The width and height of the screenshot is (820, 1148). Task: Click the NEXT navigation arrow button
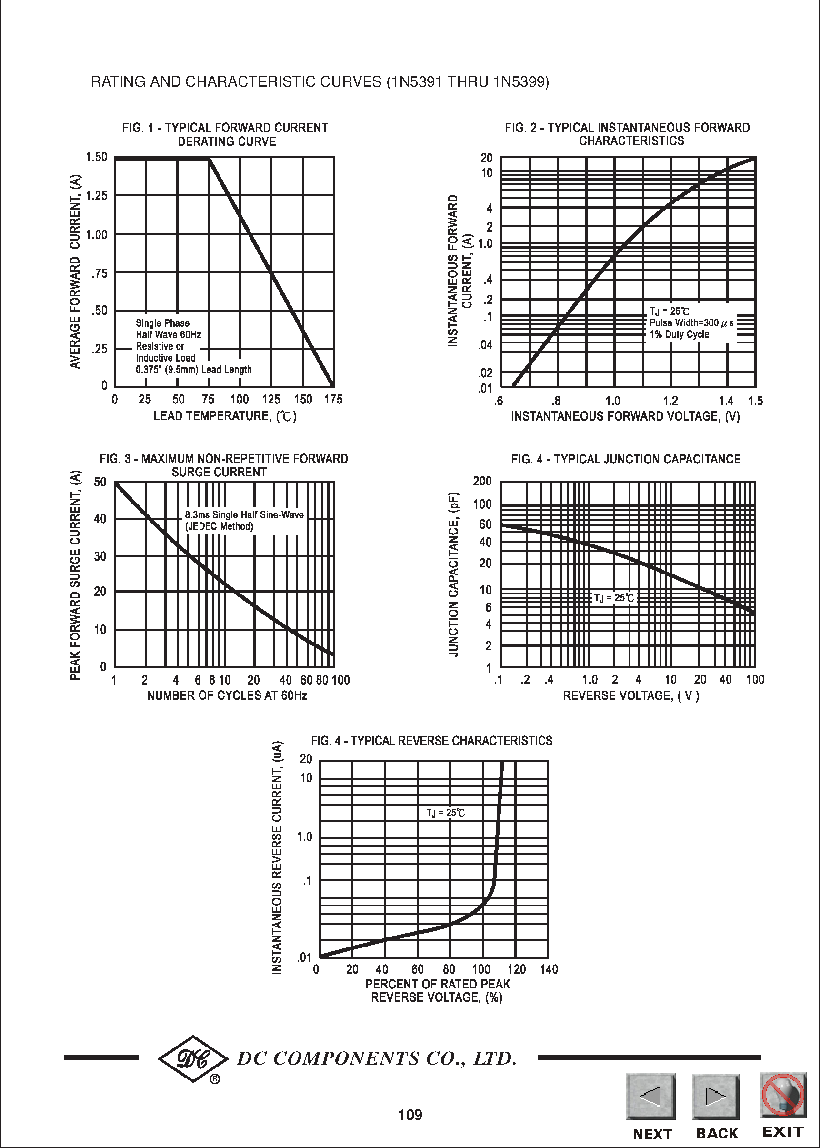pos(651,1097)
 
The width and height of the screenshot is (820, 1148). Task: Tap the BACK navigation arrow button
pos(716,1097)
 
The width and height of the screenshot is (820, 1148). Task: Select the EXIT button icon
pos(782,1095)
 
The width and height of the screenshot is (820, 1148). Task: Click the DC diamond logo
pos(193,1058)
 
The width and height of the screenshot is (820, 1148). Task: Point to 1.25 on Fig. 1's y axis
pos(97,196)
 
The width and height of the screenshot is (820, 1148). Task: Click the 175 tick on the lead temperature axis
pos(333,400)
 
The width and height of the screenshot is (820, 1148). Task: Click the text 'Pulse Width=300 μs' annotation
pos(691,323)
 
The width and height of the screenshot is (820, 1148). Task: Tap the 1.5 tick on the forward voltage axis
pos(755,401)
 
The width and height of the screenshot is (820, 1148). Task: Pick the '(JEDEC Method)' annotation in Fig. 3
pos(219,526)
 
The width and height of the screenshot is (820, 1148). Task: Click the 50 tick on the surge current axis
pos(100,482)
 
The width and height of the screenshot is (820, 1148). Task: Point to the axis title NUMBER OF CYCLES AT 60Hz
pos(227,695)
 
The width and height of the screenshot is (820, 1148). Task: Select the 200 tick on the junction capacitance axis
pos(482,481)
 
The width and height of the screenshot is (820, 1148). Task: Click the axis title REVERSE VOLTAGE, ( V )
pos(630,696)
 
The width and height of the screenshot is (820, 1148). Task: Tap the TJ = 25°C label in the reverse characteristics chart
pos(445,813)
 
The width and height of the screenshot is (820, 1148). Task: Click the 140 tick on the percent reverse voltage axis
pos(549,969)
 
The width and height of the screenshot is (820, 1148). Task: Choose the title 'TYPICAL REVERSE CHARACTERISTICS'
pos(451,741)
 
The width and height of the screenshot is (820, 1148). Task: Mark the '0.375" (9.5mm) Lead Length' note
pos(193,369)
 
